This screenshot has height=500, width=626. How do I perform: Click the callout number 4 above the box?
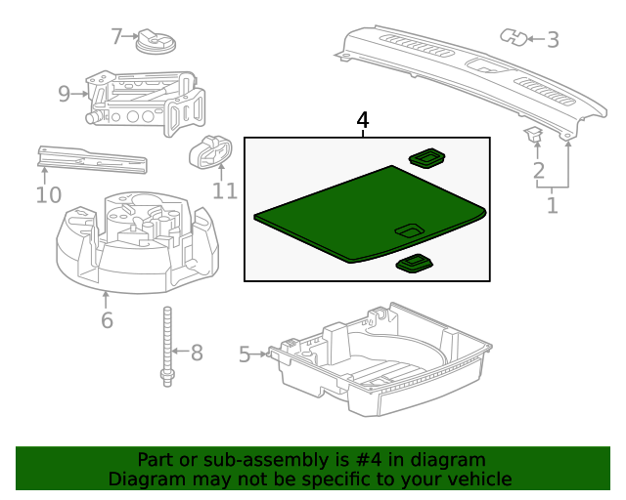coord(363,120)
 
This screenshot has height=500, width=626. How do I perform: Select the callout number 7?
coord(117,37)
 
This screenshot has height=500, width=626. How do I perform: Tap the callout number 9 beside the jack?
coord(65,94)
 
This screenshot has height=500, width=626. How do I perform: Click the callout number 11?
coord(225,188)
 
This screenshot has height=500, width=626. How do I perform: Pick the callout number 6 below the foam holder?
coord(107,319)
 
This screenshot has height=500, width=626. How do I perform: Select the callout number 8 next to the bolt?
coord(196,352)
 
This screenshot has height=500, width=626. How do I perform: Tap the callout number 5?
coord(246,354)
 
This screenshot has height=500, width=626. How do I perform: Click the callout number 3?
coord(552,40)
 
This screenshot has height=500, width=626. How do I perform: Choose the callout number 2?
coord(538,173)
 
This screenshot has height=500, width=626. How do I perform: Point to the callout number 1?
coord(553,205)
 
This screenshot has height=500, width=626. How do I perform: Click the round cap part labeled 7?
coord(153,41)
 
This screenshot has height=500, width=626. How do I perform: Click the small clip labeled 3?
coord(513,37)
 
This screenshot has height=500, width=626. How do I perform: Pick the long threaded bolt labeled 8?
coord(167,347)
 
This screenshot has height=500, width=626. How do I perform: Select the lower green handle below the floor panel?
coord(415,263)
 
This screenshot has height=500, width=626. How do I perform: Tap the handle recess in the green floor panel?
coord(409,230)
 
